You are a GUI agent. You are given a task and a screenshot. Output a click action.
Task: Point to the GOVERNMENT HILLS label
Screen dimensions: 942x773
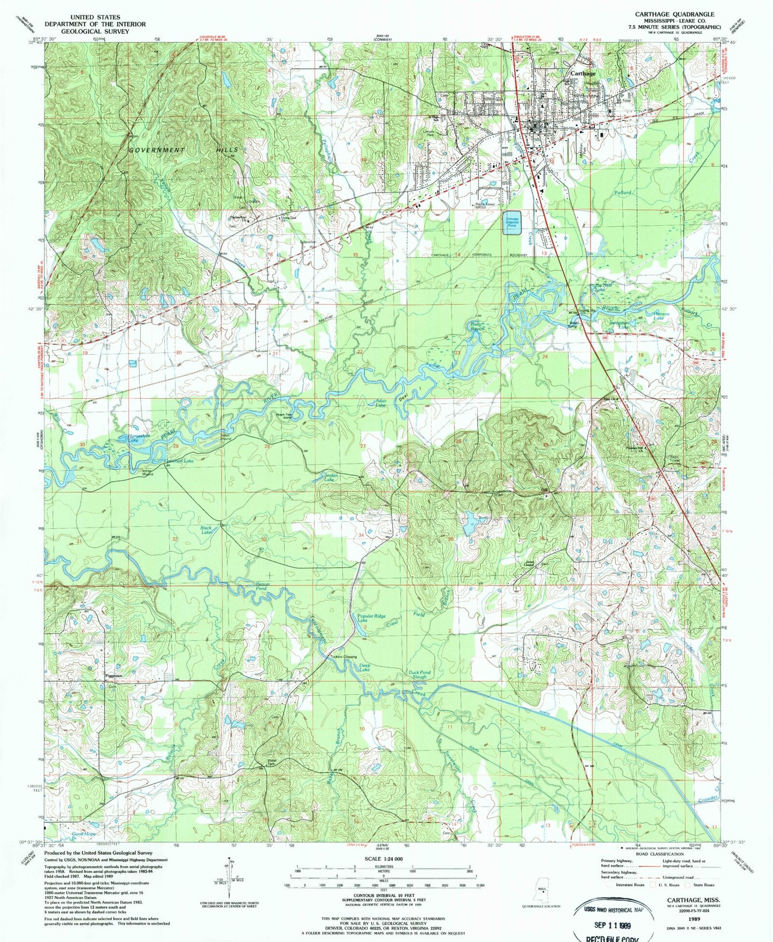183,150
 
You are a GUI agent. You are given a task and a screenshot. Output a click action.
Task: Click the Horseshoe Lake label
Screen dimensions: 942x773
129,437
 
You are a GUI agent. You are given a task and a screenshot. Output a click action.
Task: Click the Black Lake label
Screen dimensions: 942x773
206,530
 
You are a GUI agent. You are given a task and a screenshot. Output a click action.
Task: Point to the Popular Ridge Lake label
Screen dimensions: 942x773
371,618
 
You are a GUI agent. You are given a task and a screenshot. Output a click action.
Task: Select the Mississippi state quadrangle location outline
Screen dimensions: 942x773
540,893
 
